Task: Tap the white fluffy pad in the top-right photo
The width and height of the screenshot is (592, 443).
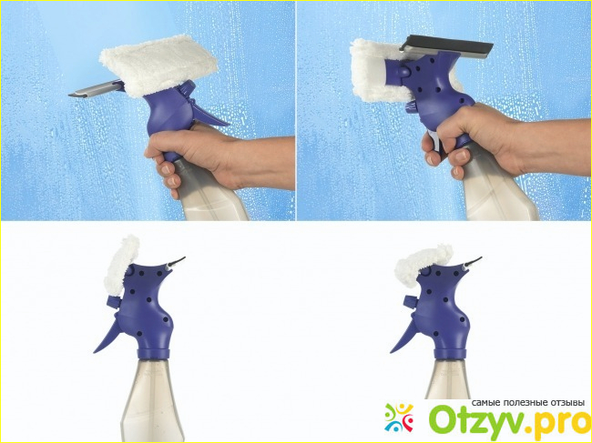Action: tap(378, 72)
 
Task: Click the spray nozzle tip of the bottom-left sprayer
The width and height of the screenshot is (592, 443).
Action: tap(179, 261)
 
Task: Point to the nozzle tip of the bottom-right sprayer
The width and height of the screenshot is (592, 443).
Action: tap(474, 261)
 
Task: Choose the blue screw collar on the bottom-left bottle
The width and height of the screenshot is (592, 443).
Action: tap(153, 354)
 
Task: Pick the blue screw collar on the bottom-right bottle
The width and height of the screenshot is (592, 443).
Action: tap(450, 354)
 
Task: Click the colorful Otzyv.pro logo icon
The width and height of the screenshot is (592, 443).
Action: tap(399, 418)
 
